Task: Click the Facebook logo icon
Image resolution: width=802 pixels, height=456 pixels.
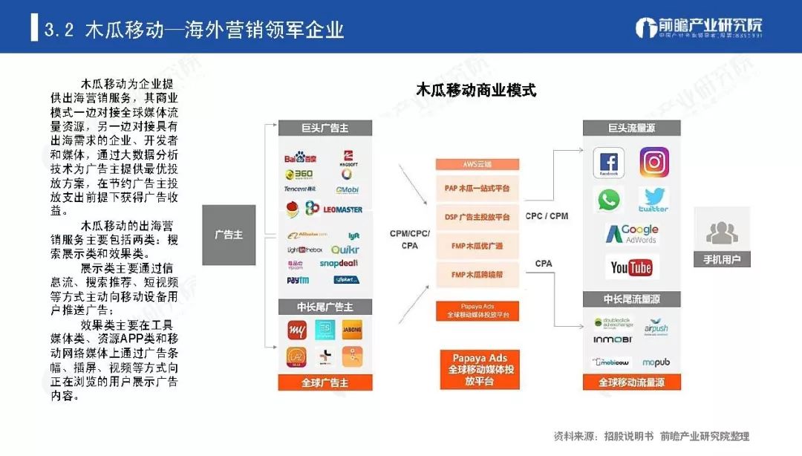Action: (x=608, y=163)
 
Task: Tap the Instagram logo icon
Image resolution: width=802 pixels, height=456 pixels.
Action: (x=654, y=162)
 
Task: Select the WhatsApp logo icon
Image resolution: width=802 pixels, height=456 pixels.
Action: (x=609, y=199)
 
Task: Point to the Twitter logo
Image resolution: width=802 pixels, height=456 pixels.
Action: (x=653, y=199)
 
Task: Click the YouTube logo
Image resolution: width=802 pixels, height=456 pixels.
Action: (x=631, y=267)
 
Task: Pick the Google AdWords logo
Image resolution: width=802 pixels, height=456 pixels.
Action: (x=631, y=234)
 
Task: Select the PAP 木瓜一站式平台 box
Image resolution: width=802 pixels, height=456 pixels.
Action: (x=477, y=189)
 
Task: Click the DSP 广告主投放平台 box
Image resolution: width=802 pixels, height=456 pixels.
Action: (x=477, y=217)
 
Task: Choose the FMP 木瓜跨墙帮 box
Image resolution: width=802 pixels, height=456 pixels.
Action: (x=477, y=275)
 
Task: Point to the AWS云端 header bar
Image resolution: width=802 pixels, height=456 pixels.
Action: (x=477, y=164)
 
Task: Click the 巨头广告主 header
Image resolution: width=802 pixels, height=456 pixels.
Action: (x=325, y=128)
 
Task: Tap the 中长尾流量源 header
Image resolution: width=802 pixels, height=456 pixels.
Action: (x=631, y=299)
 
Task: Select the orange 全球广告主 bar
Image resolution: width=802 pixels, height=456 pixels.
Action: (x=325, y=382)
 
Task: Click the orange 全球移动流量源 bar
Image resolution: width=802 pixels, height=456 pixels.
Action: (x=631, y=382)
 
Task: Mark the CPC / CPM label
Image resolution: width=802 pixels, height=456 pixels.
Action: (x=547, y=216)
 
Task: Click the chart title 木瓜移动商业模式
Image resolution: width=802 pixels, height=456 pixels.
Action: (x=476, y=91)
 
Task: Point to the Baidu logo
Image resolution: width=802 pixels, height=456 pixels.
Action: (x=300, y=157)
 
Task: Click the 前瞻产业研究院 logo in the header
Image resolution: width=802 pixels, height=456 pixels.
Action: (x=699, y=28)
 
